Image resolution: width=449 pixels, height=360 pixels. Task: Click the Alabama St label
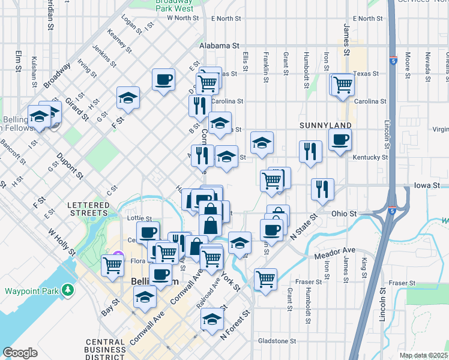pos(220,46)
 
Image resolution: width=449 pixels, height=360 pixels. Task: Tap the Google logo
pos(20,353)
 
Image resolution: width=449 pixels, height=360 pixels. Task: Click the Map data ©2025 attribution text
pos(423,355)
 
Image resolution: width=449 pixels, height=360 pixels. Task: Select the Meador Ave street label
pos(335,253)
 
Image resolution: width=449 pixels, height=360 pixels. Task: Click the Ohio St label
pos(345,214)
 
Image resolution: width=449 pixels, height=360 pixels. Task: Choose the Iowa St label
pos(427,186)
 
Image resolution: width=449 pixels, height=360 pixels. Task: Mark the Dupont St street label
pos(70,167)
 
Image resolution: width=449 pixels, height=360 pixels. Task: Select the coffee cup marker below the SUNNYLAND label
pos(340,140)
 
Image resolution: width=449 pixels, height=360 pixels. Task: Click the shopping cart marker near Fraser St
pos(265,278)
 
